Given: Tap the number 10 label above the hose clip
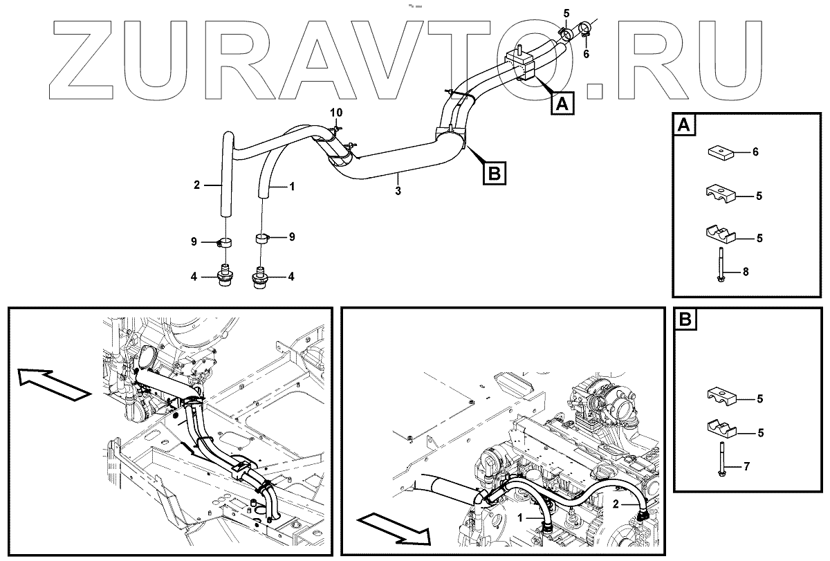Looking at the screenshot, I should click(335, 112).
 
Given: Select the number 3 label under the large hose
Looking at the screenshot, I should click(398, 190).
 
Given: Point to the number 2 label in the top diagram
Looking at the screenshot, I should click(196, 185).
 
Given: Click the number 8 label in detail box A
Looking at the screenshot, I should click(745, 273).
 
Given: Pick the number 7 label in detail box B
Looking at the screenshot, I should click(745, 468).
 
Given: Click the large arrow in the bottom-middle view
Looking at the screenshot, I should click(394, 527).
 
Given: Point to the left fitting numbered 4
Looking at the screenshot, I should click(225, 275).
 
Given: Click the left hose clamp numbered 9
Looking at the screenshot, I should click(224, 242).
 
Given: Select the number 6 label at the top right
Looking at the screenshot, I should click(586, 54).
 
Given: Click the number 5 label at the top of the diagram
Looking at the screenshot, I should click(566, 13).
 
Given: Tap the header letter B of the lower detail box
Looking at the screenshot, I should click(684, 320).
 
